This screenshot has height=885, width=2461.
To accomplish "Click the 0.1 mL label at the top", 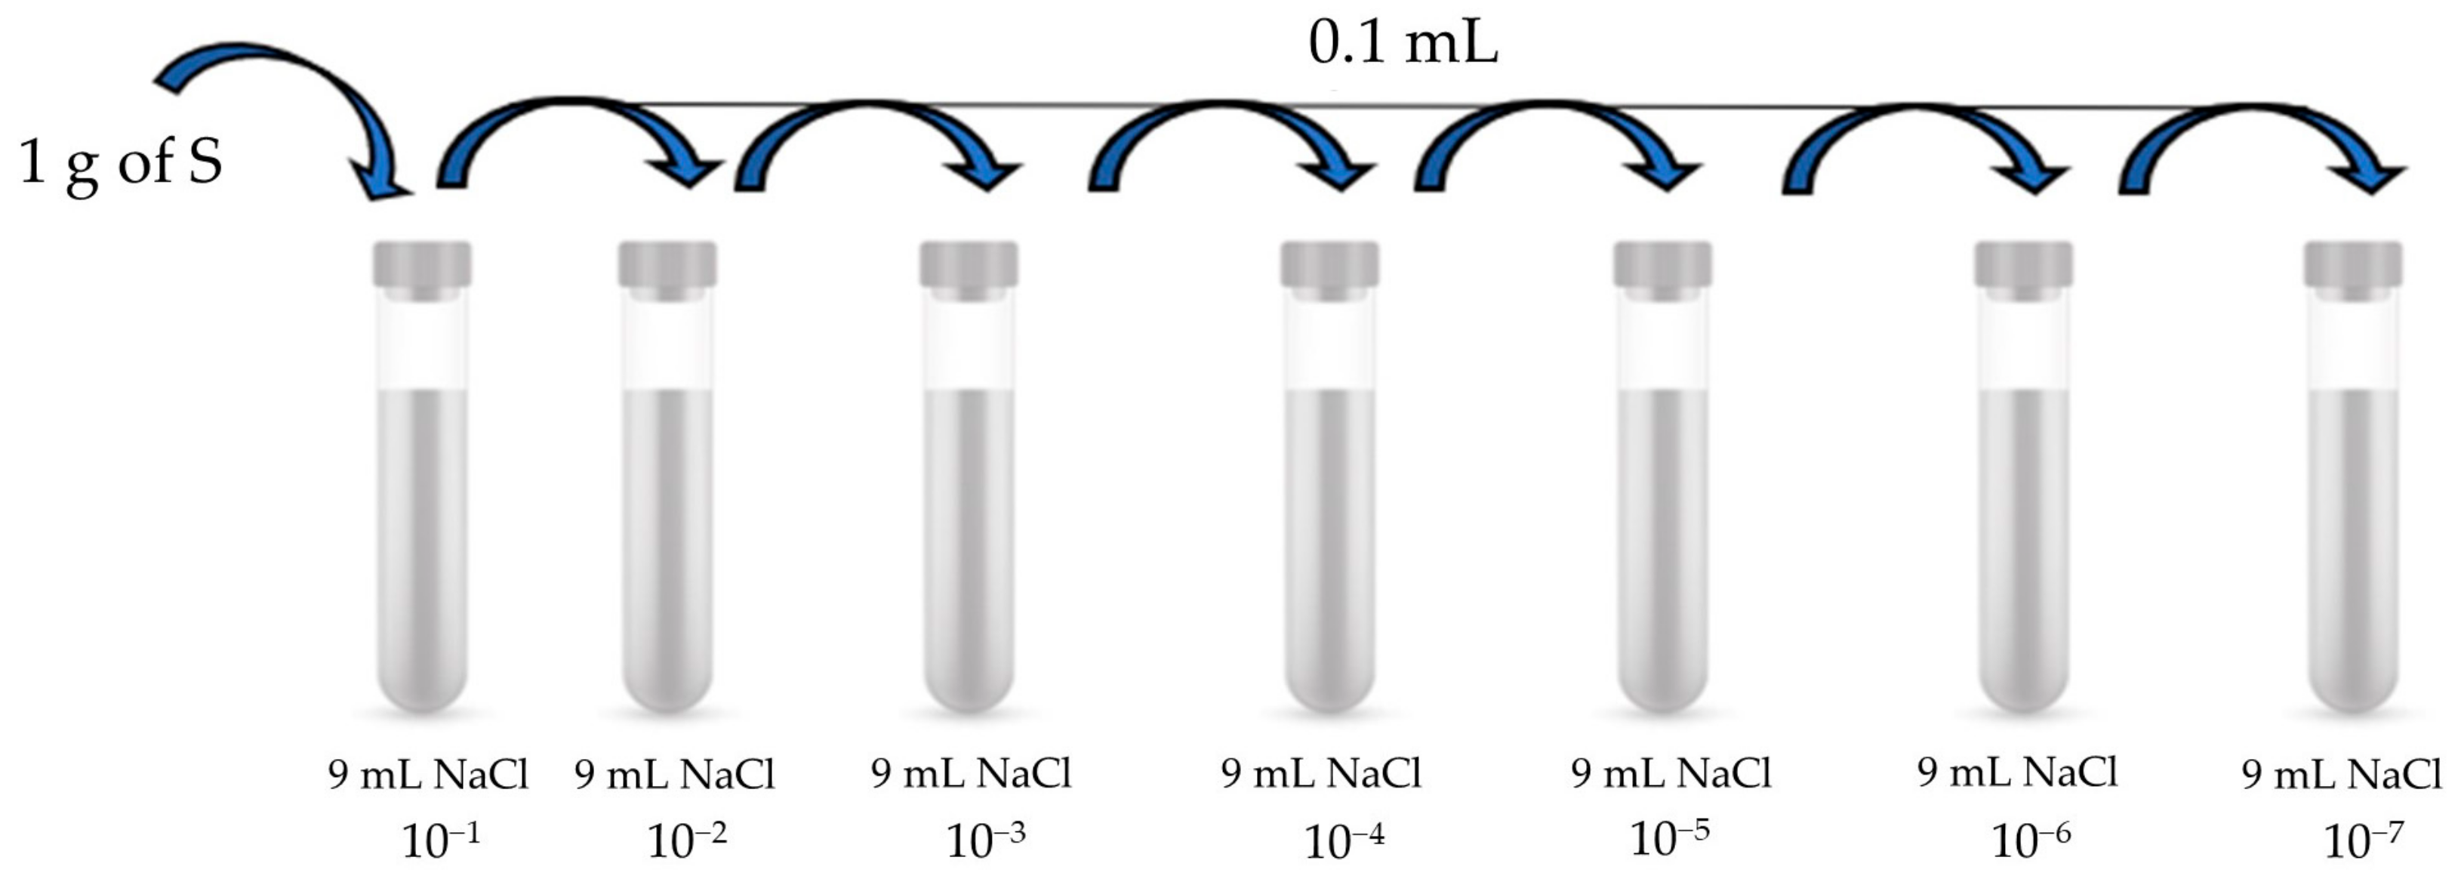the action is point(1403,44).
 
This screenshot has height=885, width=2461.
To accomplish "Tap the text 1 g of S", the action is point(120,161).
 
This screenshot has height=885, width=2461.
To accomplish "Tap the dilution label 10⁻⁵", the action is point(1668,838).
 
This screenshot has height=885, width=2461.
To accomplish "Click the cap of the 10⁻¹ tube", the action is point(422,265).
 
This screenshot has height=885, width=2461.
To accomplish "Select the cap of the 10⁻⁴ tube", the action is point(1330,265).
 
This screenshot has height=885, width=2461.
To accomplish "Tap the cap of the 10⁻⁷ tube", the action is point(2353,265).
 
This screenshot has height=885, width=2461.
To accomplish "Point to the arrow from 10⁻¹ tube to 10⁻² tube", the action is point(573,110).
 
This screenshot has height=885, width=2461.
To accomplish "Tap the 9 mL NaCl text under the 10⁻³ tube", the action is point(971,773).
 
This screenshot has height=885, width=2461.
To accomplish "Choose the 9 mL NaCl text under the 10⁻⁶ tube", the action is point(2018,772).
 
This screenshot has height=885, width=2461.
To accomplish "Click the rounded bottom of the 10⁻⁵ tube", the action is point(1662,683).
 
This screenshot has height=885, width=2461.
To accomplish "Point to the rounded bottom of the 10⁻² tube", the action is point(667,683).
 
